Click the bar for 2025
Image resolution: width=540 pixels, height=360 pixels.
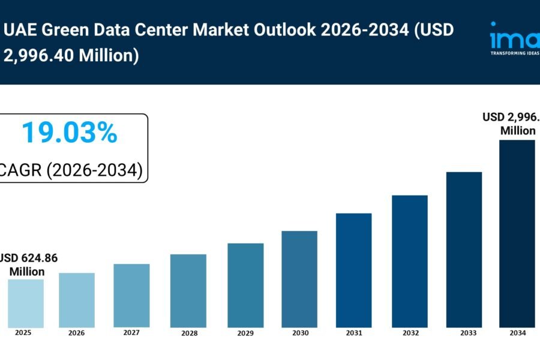coord(26,303)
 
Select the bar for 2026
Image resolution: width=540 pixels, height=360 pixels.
coord(77,300)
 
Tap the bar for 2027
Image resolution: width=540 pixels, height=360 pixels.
coord(131,295)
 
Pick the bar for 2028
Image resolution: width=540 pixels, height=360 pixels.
coord(188,290)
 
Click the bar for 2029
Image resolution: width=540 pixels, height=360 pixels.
coord(245,285)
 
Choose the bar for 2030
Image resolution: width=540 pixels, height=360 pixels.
coord(299,279)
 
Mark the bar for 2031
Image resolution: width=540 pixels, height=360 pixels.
coord(353,270)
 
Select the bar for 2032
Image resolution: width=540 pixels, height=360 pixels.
coord(410,261)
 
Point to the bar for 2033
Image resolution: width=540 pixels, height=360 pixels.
coord(464,250)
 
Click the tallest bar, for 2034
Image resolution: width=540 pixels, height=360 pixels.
coord(517,233)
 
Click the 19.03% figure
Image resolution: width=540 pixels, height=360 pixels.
coord(69,133)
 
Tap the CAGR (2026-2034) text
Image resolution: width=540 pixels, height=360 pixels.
coord(71,170)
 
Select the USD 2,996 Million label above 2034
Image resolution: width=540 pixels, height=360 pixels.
coord(511,124)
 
